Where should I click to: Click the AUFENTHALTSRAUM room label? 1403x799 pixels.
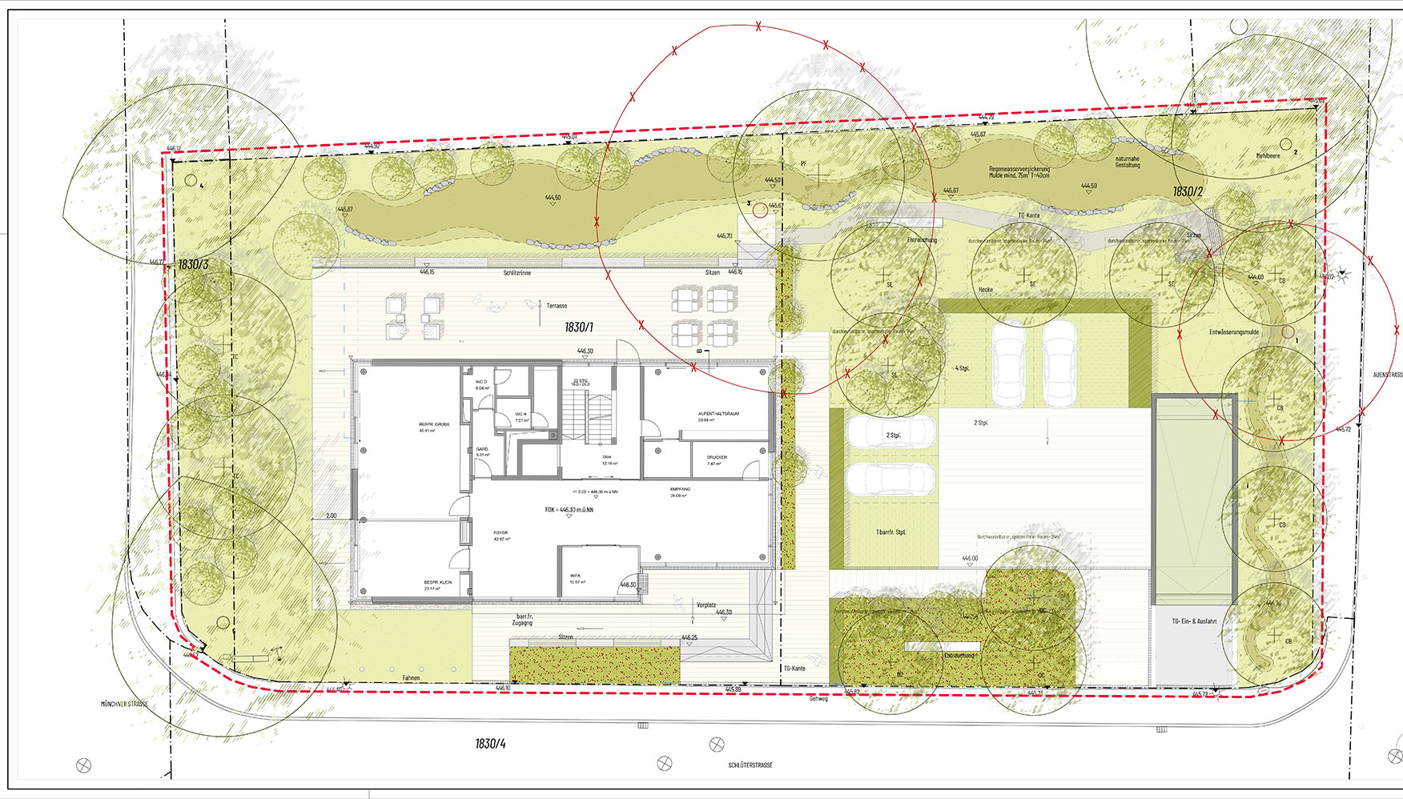718,414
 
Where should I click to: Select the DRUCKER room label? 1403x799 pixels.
717,458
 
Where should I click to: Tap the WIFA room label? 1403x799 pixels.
576,576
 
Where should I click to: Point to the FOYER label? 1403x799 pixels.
500,533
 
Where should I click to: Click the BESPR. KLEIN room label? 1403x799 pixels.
438,583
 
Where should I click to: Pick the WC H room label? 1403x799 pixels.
521,415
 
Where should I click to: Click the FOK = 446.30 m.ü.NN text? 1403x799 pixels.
569,510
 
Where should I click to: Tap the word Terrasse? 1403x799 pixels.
557,306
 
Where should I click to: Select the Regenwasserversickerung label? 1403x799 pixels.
1019,170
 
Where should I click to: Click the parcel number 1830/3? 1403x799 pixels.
193,264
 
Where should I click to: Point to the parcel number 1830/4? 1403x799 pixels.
490,744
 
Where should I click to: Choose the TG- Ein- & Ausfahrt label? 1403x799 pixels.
1194,621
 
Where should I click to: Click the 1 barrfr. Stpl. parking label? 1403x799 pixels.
890,532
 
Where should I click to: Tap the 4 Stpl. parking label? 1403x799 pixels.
962,368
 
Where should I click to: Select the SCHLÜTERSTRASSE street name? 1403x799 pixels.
750,765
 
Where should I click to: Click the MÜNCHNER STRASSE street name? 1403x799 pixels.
124,705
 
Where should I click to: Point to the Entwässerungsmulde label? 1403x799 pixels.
1233,332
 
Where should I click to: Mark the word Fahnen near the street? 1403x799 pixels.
411,678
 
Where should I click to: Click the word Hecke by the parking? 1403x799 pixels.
985,290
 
